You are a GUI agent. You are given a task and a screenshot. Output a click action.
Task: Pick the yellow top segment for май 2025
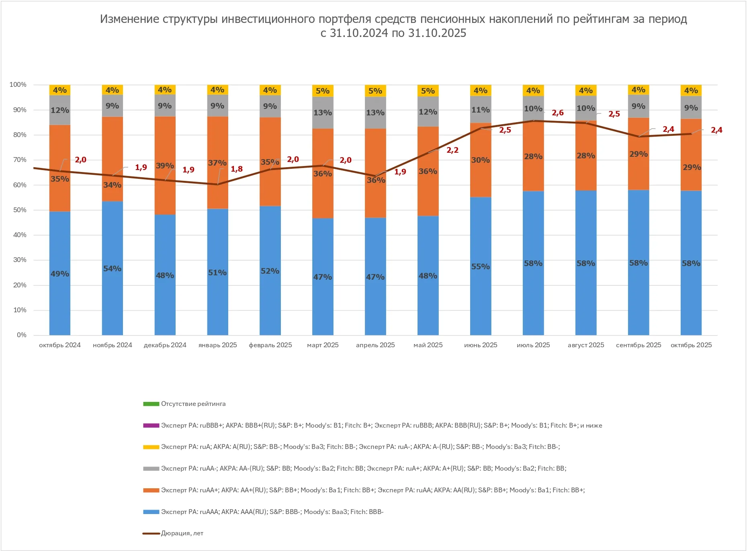pyautogui.click(x=428, y=91)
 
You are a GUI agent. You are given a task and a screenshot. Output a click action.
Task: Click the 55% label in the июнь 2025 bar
pyautogui.click(x=481, y=267)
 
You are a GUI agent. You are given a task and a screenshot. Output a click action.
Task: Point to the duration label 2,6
pyautogui.click(x=558, y=113)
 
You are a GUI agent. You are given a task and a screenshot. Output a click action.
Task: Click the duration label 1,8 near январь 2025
pyautogui.click(x=237, y=169)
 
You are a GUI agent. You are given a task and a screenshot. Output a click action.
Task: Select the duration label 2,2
pyautogui.click(x=452, y=150)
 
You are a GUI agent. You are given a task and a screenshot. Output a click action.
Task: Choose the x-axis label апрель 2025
pyautogui.click(x=375, y=345)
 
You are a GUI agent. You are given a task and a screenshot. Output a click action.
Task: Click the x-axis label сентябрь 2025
pyautogui.click(x=639, y=345)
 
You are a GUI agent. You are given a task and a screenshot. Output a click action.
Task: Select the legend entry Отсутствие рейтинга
pyautogui.click(x=193, y=404)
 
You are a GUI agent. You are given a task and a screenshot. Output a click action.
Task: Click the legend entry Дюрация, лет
pyautogui.click(x=182, y=533)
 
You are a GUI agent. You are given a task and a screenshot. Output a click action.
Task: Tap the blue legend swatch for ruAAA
pyautogui.click(x=151, y=512)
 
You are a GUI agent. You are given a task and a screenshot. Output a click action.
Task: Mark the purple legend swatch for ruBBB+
pyautogui.click(x=151, y=426)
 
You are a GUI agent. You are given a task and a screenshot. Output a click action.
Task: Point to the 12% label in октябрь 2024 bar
pyautogui.click(x=60, y=111)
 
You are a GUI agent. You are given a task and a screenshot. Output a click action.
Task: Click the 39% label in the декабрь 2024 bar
pyautogui.click(x=165, y=166)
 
